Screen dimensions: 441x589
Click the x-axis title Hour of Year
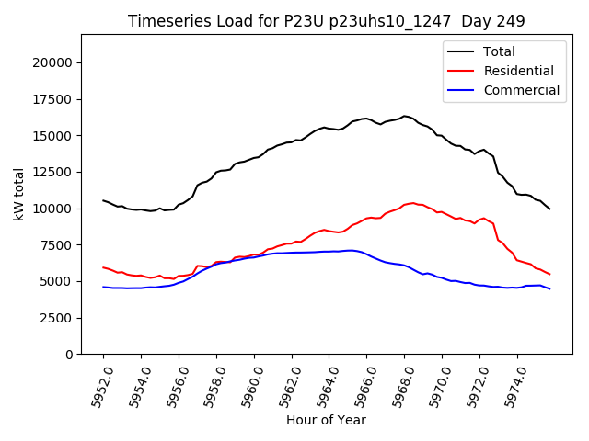coord(326,420)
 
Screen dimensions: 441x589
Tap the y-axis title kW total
coord(18,195)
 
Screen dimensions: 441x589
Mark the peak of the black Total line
coord(405,116)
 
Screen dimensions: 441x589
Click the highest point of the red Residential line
coord(412,202)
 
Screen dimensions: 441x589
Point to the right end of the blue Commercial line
coord(550,289)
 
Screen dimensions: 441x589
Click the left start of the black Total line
coord(103,200)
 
